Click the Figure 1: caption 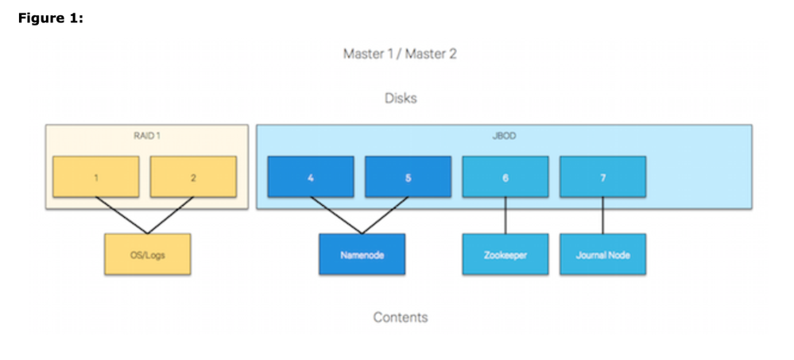[51, 18]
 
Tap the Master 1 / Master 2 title [400, 54]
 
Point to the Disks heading [401, 98]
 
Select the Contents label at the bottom [401, 317]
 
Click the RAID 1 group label [147, 136]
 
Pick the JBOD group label [504, 136]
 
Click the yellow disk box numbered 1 [96, 176]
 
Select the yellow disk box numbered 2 [193, 176]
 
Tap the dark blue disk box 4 [311, 176]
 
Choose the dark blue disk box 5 [409, 176]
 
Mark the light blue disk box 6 [505, 176]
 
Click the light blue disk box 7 [602, 176]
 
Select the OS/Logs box [147, 254]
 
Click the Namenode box [362, 254]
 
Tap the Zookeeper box [505, 254]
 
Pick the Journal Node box [602, 254]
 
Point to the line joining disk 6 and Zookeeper [505, 215]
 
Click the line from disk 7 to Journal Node [602, 215]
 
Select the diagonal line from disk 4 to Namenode [336, 215]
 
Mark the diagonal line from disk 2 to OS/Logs [171, 215]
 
